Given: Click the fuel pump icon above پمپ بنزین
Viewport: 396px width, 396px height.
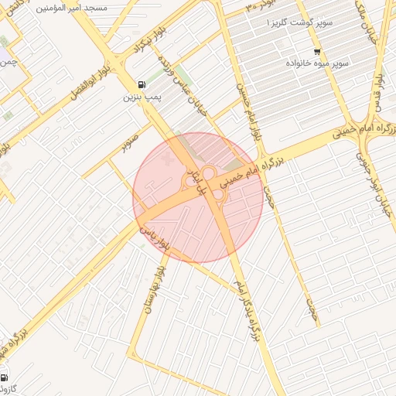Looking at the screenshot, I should [140, 85].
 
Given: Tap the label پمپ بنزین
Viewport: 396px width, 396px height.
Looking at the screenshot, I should [141, 98].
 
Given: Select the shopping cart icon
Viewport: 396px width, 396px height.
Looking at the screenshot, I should [316, 49].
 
